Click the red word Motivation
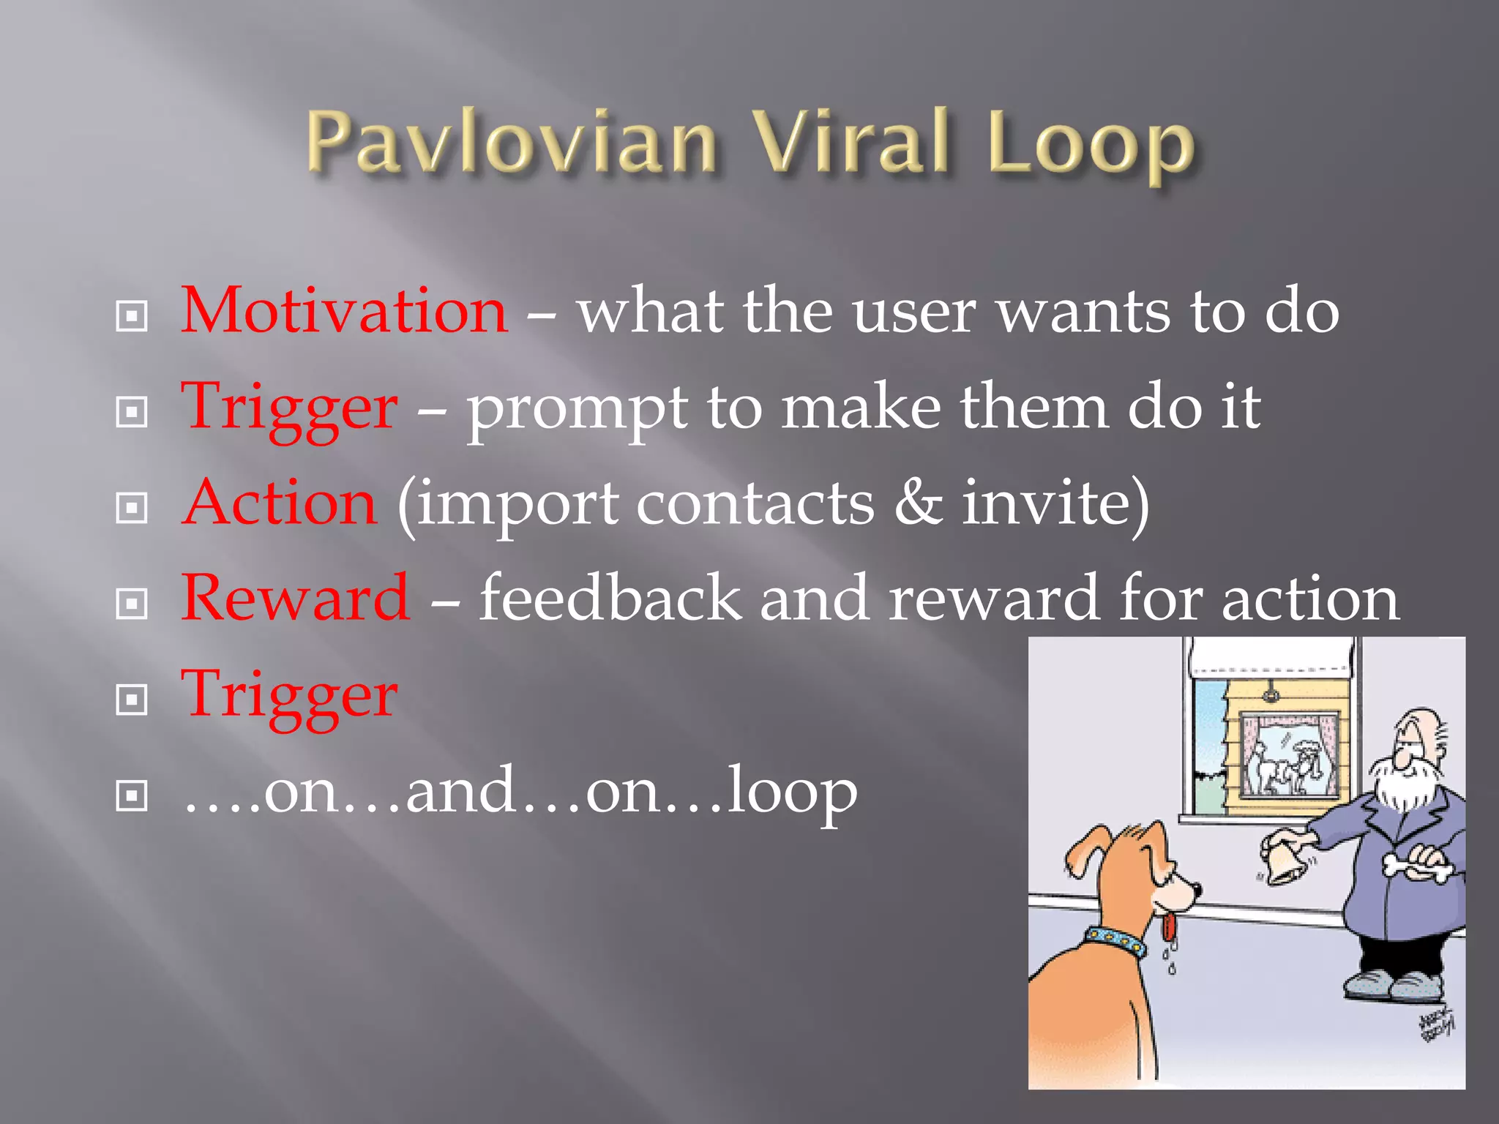click(x=344, y=311)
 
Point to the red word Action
click(x=280, y=503)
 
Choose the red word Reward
click(x=296, y=599)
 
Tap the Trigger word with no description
click(x=290, y=695)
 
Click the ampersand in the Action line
click(x=918, y=503)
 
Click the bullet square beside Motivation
click(x=132, y=316)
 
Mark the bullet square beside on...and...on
click(x=132, y=795)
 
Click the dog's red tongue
click(x=1169, y=926)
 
